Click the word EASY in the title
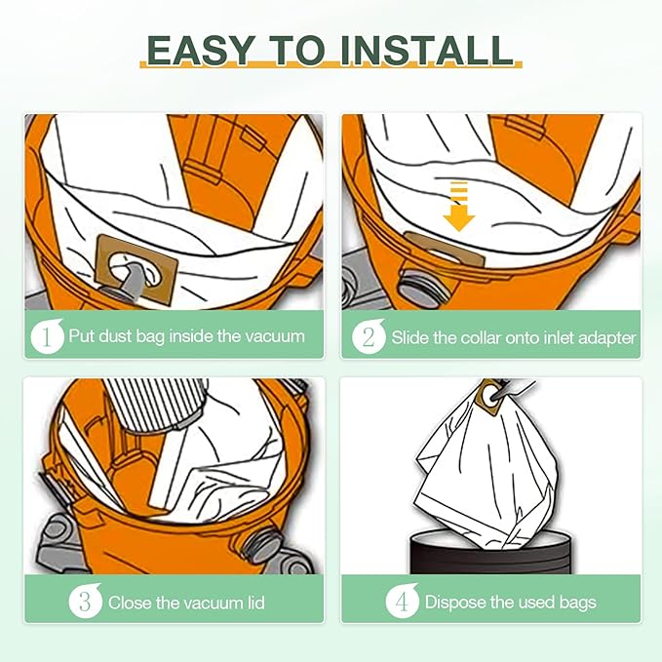[201, 51]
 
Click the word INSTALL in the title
[426, 51]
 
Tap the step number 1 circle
[47, 336]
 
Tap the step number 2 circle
[369, 336]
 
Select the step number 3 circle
[85, 601]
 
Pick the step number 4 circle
[402, 601]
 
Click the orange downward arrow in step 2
[459, 207]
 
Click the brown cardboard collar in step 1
[136, 270]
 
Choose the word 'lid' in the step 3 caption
[255, 603]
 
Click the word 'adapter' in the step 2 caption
[606, 338]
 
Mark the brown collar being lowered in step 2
[444, 250]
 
